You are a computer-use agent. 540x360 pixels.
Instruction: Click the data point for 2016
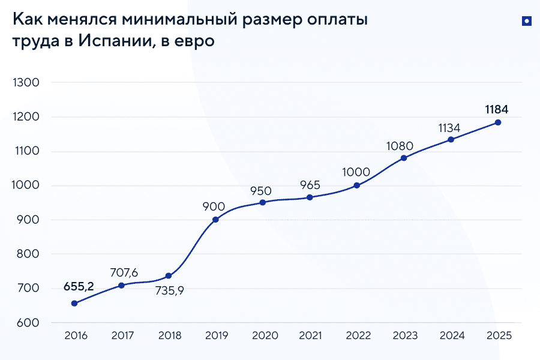[x=74, y=304]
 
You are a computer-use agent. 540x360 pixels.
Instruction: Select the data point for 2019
[x=215, y=220]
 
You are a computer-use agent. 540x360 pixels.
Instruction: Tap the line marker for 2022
[x=357, y=185]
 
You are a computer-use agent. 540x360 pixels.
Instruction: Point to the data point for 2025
[x=497, y=122]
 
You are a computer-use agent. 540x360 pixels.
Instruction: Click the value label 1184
[x=497, y=109]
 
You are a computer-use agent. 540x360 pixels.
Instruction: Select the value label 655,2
[x=79, y=286]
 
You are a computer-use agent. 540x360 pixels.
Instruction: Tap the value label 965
[x=310, y=185]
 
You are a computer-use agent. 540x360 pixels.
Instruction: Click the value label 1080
[x=403, y=145]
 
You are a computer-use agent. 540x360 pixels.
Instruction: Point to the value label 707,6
[x=125, y=273]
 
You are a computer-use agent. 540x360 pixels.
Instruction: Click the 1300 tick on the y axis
[x=25, y=83]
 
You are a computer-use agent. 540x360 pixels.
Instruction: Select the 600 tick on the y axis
[x=28, y=323]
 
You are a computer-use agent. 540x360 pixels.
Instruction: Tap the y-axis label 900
[x=28, y=220]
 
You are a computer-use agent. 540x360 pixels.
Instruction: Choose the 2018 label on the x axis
[x=169, y=336]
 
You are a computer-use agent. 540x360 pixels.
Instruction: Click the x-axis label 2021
[x=310, y=336]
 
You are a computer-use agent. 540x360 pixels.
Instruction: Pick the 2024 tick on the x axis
[x=451, y=336]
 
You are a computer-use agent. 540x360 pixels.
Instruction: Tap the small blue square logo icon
[x=526, y=21]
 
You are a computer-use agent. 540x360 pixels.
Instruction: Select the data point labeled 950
[x=263, y=202]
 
